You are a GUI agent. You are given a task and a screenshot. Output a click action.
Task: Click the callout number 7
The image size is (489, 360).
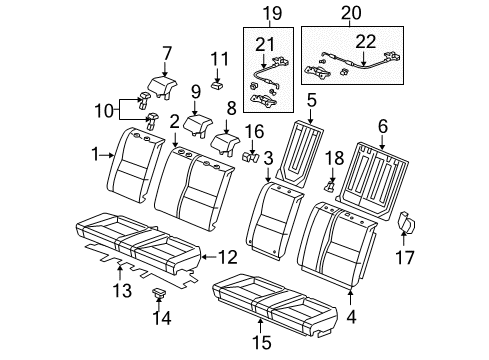click(167, 54)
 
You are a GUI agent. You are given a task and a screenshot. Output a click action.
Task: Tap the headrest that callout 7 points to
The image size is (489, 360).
click(162, 86)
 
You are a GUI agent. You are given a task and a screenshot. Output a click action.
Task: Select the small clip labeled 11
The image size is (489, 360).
click(218, 86)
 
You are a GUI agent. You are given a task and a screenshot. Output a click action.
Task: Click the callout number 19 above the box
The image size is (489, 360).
click(272, 13)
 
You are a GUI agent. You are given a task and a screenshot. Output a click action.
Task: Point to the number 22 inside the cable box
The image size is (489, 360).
click(365, 41)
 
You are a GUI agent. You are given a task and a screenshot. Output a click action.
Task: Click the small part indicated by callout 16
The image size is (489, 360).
click(250, 157)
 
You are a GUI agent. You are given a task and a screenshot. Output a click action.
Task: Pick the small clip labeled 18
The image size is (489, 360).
click(330, 186)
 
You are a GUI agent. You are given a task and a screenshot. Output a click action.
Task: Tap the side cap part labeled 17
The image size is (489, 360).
click(407, 222)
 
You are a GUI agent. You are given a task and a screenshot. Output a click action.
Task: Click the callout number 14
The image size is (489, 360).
click(162, 318)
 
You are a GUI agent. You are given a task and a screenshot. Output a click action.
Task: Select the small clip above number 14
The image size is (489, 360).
click(159, 292)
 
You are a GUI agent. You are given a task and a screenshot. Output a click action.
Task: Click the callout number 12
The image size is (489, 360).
click(228, 257)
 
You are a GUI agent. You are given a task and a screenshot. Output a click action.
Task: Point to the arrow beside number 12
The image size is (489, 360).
click(209, 257)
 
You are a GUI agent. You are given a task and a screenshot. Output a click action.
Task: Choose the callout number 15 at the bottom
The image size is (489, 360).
click(262, 342)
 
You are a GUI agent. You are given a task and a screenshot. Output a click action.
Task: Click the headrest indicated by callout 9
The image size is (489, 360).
click(198, 124)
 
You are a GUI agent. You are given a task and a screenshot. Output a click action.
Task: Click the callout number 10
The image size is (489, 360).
click(104, 110)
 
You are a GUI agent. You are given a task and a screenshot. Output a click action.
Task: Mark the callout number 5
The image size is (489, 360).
click(311, 100)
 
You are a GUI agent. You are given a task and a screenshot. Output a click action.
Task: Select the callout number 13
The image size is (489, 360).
click(123, 290)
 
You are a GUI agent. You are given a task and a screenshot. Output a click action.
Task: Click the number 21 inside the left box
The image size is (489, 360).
click(265, 44)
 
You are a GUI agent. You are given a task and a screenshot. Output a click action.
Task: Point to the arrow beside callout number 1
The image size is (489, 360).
click(108, 155)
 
